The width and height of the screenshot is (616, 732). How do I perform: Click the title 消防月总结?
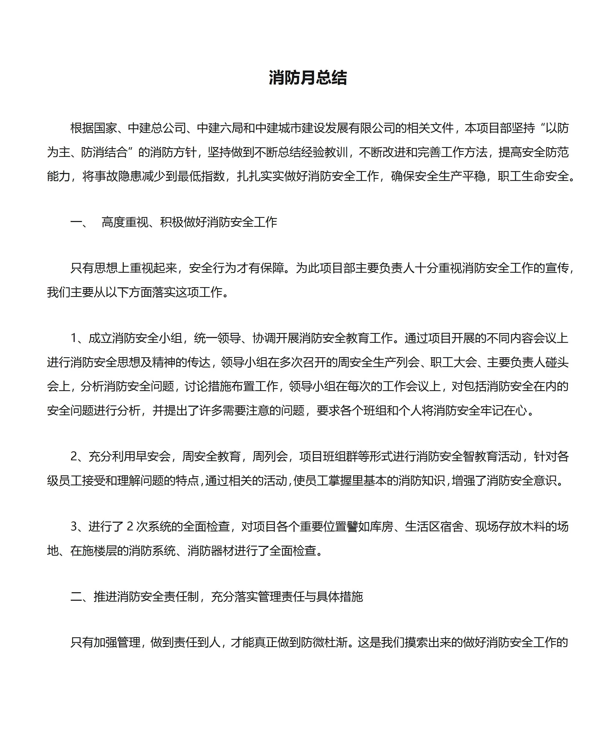[x=308, y=78]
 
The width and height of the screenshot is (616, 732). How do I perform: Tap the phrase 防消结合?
[x=105, y=152]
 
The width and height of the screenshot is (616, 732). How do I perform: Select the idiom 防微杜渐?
[x=325, y=642]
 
